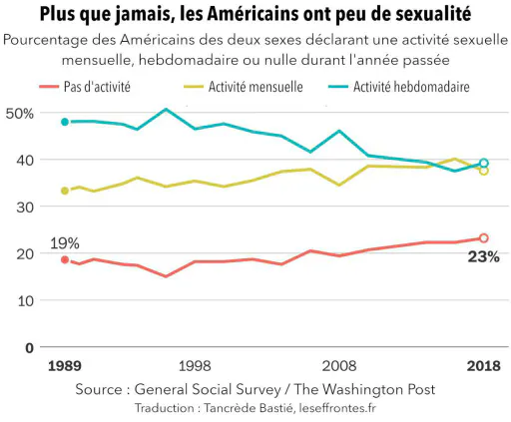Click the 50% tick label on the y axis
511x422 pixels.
[x=20, y=114]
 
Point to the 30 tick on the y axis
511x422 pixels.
[x=25, y=208]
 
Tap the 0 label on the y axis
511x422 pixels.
[x=29, y=348]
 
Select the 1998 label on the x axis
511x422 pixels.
[x=195, y=366]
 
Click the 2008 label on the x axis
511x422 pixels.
[x=339, y=366]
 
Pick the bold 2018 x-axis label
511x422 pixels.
[x=484, y=366]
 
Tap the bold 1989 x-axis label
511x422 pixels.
[x=65, y=366]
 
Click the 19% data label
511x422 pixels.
[x=65, y=243]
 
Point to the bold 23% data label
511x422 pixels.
[x=484, y=257]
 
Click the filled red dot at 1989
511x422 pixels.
[x=65, y=259]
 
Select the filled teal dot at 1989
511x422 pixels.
[x=65, y=122]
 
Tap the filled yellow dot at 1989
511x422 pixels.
[x=65, y=191]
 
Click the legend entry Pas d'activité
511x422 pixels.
[x=85, y=87]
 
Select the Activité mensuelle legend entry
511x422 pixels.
[x=244, y=87]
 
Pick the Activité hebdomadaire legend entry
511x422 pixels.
[x=399, y=87]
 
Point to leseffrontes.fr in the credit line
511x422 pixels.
[x=337, y=408]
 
